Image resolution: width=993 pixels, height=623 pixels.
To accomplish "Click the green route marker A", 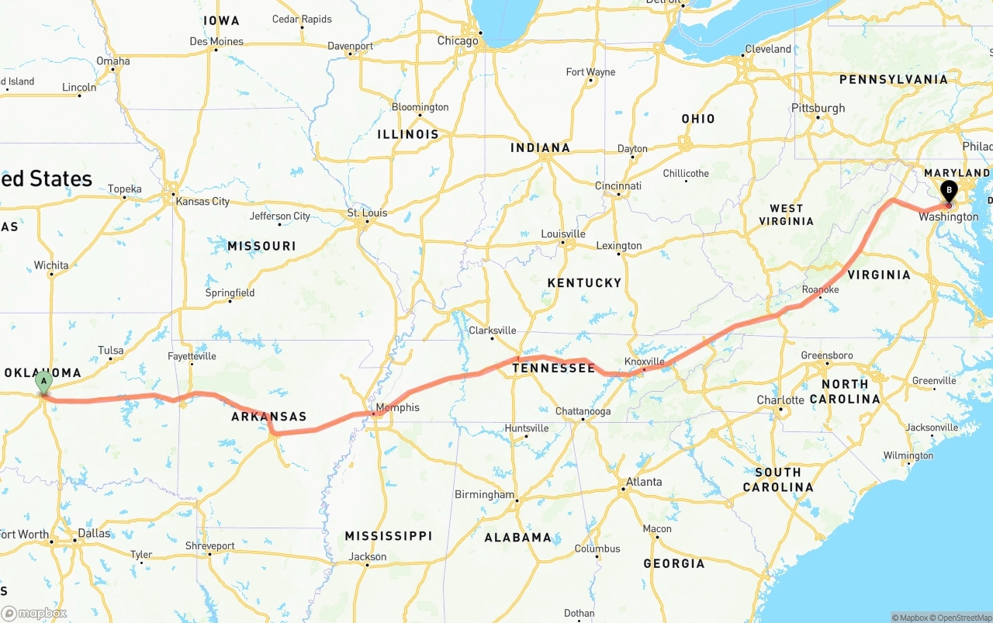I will (x=44, y=381).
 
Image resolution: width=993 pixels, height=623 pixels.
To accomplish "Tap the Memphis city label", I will (x=397, y=407).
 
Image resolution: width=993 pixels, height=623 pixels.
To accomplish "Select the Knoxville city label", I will (x=644, y=362).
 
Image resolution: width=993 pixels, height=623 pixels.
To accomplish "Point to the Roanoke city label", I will (x=820, y=289).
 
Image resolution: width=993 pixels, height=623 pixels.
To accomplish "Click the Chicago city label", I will (x=458, y=41).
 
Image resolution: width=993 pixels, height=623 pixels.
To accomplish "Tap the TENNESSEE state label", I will (x=553, y=368).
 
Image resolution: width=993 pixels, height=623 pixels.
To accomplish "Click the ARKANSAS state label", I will (x=269, y=417).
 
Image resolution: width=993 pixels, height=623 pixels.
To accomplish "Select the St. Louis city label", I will (x=367, y=213).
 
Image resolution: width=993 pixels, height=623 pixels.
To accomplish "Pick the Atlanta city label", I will (x=644, y=482).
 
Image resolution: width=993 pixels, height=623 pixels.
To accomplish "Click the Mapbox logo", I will (x=34, y=613).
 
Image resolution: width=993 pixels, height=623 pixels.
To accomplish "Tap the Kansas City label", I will (x=202, y=202).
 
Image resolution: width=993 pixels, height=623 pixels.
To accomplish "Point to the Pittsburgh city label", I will (x=818, y=108).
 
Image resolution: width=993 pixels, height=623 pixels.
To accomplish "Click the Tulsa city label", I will (x=110, y=351).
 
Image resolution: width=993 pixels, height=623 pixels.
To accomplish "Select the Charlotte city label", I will (x=780, y=400).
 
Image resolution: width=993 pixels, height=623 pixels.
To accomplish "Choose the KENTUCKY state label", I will (x=584, y=283).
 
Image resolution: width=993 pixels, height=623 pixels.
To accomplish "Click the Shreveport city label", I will (x=209, y=546).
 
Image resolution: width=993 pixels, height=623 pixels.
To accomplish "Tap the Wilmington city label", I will (x=908, y=455).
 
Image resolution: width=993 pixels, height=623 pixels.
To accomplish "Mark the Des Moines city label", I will (x=216, y=42).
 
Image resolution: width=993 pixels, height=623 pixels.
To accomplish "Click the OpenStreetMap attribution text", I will (x=963, y=618).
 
